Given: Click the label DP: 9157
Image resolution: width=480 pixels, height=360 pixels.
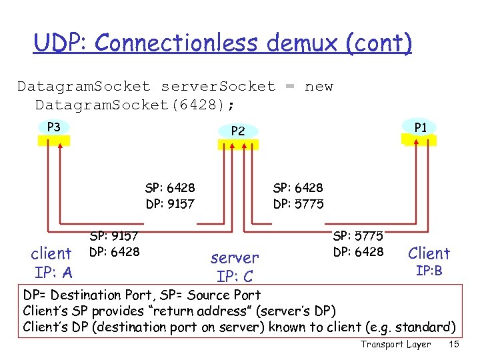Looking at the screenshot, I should pyautogui.click(x=170, y=204).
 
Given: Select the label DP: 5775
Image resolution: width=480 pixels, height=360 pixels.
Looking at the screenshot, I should pyautogui.click(x=298, y=204).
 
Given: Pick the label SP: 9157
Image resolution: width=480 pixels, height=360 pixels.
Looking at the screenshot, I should pyautogui.click(x=114, y=236).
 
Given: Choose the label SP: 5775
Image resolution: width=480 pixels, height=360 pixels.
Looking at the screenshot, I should pyautogui.click(x=358, y=236).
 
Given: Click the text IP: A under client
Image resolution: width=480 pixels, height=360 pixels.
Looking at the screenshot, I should pyautogui.click(x=53, y=272).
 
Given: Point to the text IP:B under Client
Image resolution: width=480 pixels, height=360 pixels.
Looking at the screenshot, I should pyautogui.click(x=429, y=271).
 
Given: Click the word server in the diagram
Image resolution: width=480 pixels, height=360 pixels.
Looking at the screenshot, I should pyautogui.click(x=235, y=258).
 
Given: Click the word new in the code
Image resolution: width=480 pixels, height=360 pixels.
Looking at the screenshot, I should pyautogui.click(x=319, y=87).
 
